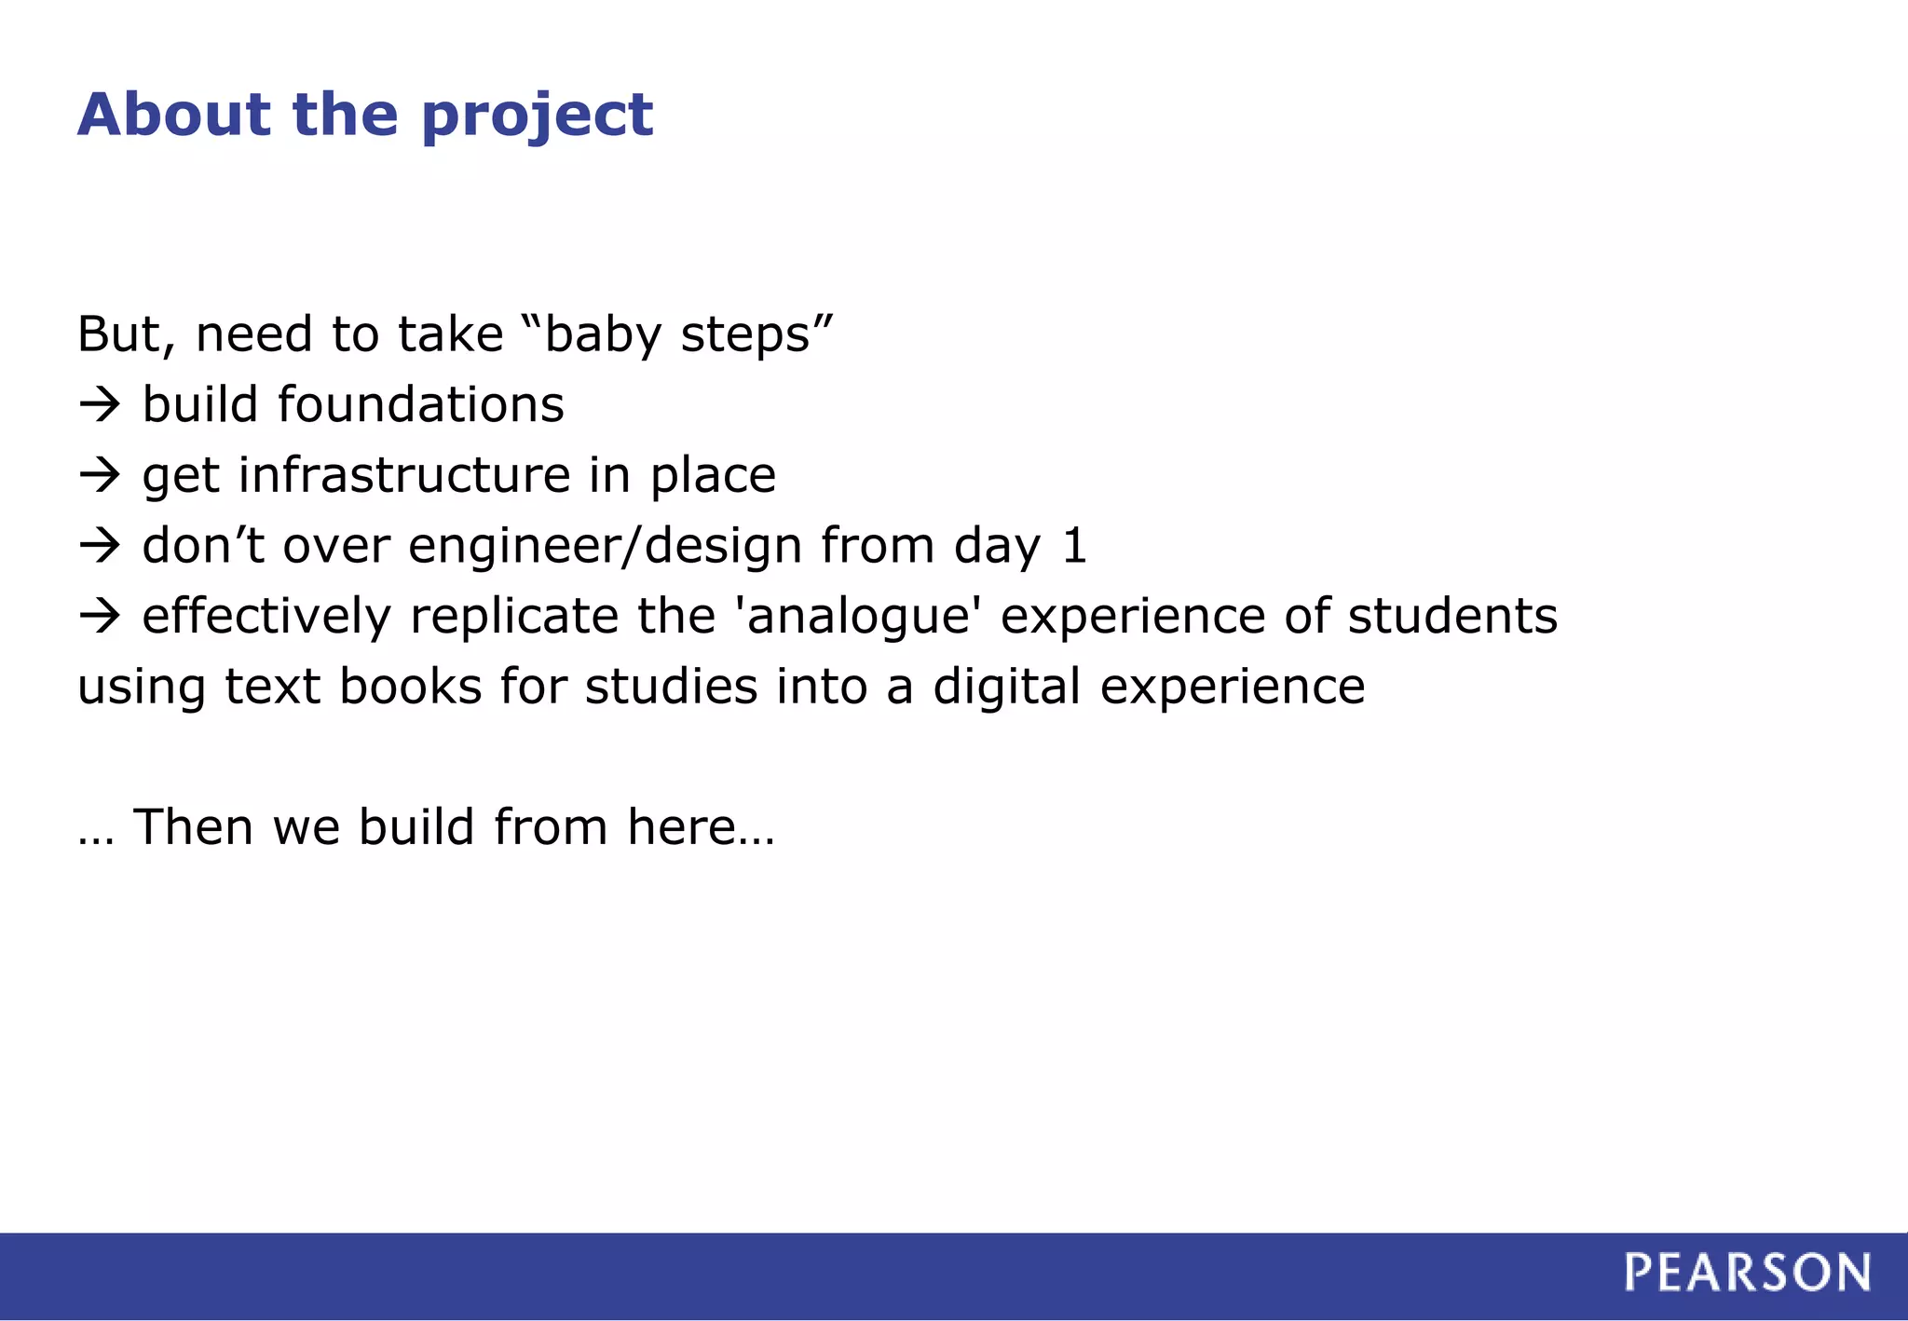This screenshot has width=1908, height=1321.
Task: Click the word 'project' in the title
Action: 537,116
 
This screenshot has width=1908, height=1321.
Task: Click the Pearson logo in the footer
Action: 1747,1273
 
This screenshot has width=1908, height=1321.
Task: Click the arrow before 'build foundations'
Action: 100,404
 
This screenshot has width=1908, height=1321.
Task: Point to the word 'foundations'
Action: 420,404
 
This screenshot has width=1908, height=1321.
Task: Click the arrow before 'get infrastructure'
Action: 100,475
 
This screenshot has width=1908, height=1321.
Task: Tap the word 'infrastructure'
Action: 403,475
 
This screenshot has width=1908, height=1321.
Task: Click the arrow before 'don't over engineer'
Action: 100,545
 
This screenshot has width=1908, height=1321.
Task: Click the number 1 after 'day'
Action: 1074,546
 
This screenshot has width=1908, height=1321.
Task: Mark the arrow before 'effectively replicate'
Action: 100,616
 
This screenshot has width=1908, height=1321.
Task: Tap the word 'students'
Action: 1452,616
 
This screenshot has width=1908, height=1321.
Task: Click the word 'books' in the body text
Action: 410,687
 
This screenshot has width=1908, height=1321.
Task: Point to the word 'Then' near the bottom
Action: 193,826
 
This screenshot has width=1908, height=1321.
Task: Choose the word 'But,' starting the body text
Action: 126,334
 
